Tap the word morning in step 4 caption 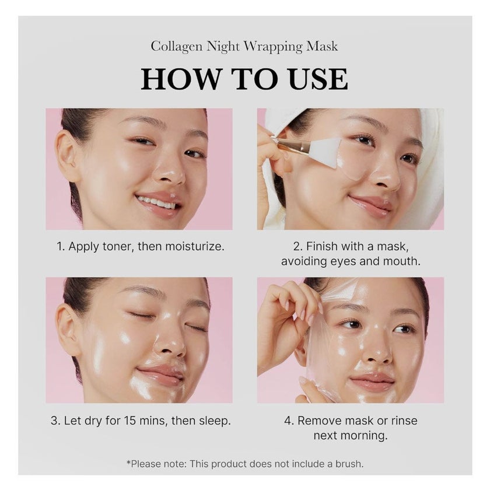[x=367, y=436]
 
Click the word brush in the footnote [x=347, y=464]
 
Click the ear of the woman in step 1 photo [x=68, y=155]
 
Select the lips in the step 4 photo [x=372, y=382]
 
